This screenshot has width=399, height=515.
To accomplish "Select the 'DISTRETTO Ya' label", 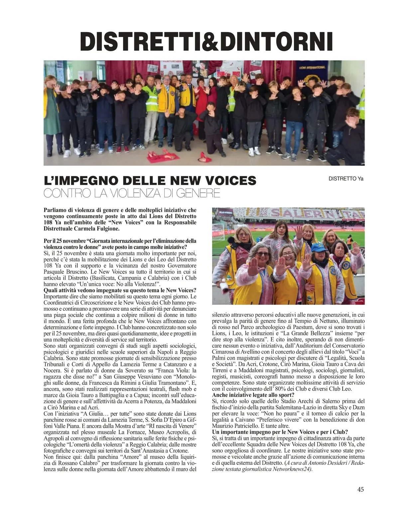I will (x=346, y=179).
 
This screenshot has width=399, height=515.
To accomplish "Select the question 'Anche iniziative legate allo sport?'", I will (x=253, y=395).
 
